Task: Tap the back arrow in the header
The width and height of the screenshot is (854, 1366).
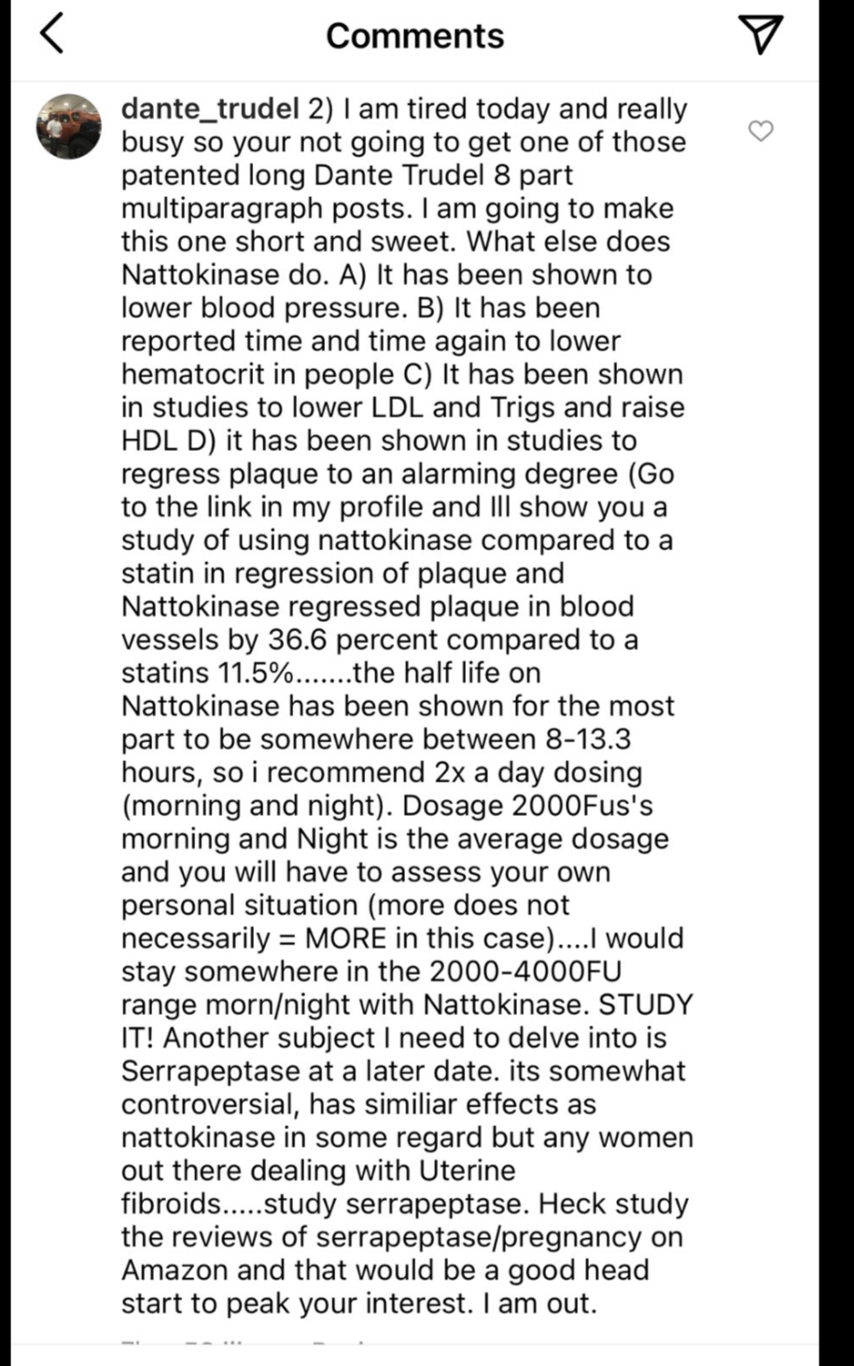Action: (53, 35)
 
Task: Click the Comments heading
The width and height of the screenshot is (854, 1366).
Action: (414, 35)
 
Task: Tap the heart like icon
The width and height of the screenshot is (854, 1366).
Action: (762, 132)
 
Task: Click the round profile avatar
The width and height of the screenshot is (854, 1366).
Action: (68, 126)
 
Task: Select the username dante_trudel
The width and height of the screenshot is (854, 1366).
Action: (210, 109)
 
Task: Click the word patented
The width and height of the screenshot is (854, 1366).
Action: (179, 176)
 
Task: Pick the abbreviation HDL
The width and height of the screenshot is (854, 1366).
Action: (147, 441)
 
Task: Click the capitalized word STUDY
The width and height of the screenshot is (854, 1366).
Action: (646, 1005)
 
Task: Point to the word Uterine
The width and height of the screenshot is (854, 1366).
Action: (468, 1171)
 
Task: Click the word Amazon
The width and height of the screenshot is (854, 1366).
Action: (175, 1271)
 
